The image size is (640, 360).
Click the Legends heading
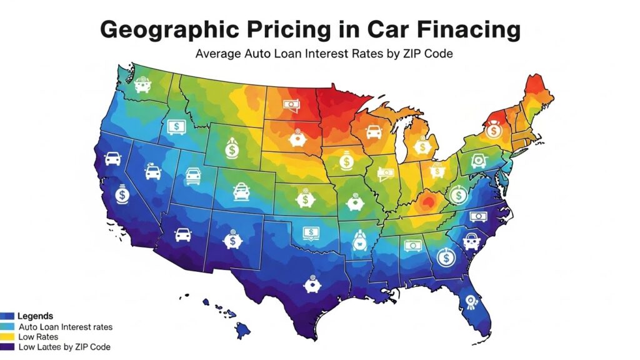[x=36, y=316]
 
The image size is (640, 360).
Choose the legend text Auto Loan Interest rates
[x=66, y=327]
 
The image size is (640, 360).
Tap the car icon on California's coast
[x=113, y=158]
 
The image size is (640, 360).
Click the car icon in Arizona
[x=183, y=235]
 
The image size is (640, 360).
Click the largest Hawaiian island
[x=242, y=328]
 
